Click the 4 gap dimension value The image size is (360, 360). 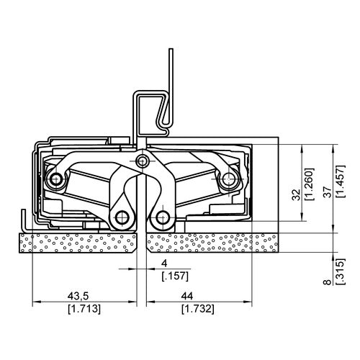pos(164,264)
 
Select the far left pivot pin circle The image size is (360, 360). pos(55,178)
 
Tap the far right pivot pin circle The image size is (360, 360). pos(230,178)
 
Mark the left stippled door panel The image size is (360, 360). pos(79,245)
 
